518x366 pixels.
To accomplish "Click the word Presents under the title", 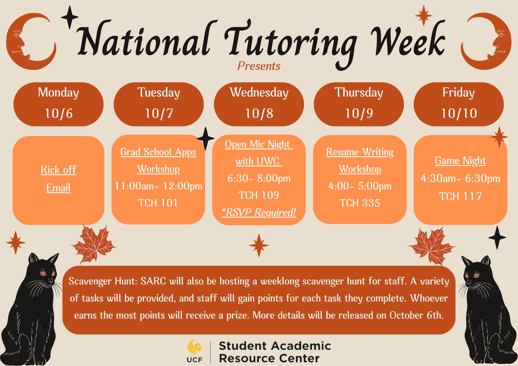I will pyautogui.click(x=259, y=66).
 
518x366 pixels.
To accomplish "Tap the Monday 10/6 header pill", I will pyautogui.click(x=58, y=103).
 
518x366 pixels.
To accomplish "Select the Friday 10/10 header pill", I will pyautogui.click(x=458, y=103).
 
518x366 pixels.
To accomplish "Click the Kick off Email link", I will pyautogui.click(x=58, y=179).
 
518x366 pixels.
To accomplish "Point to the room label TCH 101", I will pyautogui.click(x=158, y=203).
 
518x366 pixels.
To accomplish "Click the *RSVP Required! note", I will pyautogui.click(x=259, y=212).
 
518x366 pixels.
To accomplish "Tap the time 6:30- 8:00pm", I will pyautogui.click(x=259, y=178).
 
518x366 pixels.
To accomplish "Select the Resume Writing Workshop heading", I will pyautogui.click(x=360, y=160).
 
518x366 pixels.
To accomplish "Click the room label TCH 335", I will pyautogui.click(x=360, y=203).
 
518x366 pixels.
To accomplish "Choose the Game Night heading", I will pyautogui.click(x=460, y=161).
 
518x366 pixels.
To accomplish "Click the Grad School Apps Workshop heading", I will pyautogui.click(x=158, y=160).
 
